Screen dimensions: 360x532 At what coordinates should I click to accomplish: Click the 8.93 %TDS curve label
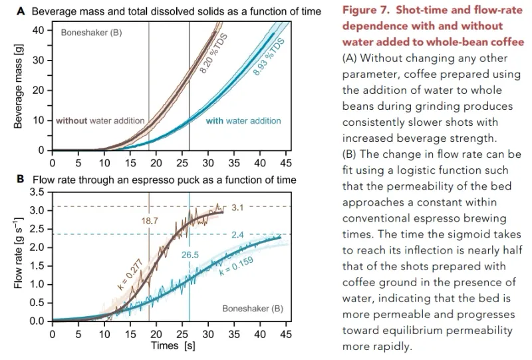click(269, 58)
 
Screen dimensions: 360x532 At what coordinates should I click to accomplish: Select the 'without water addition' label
click(100, 120)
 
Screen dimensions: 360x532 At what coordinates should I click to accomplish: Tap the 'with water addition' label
click(243, 120)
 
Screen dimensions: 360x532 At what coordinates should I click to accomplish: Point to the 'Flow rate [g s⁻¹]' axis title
click(19, 256)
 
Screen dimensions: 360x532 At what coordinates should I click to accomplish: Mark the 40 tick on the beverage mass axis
click(38, 30)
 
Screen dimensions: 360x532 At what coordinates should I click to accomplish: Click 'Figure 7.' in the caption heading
click(369, 11)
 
